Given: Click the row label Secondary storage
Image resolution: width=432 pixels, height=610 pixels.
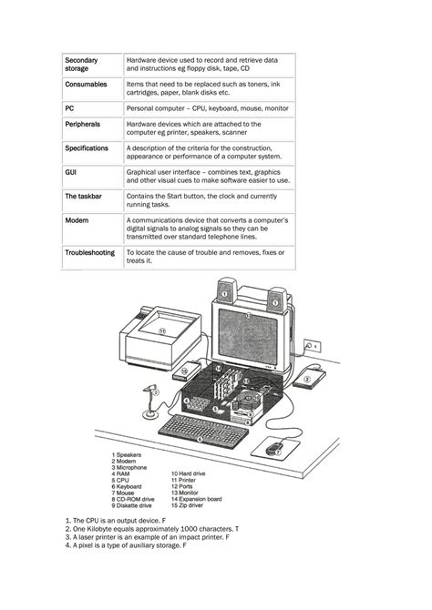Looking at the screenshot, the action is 81,65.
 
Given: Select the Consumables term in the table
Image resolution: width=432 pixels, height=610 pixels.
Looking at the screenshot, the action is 86,85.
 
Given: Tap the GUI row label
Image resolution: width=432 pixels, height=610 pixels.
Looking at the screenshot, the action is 70,172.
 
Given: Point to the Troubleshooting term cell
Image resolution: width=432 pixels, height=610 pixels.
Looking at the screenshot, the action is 89,252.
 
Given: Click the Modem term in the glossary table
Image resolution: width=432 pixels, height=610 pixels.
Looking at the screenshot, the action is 77,220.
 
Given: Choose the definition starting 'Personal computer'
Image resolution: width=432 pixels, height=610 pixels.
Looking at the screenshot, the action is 207,108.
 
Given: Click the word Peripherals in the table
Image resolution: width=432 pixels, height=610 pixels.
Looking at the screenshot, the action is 82,125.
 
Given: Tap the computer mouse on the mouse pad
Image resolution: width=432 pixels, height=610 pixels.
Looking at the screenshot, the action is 274,449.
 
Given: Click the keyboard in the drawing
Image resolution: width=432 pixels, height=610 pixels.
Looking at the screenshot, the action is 203,430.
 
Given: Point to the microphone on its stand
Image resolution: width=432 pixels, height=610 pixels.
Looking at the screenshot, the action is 150,402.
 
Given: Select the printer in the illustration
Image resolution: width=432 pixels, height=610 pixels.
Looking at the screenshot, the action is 160,337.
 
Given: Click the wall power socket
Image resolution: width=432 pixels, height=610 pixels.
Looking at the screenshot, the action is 313,345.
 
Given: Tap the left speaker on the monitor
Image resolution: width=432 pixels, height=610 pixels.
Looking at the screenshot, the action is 226,291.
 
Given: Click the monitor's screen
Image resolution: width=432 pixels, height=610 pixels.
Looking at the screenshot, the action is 248,337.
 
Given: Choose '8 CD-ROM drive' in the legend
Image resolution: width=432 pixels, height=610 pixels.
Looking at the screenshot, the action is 133,499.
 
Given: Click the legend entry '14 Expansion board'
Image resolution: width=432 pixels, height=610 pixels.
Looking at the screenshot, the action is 196,499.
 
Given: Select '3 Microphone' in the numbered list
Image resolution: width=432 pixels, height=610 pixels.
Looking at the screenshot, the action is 129,467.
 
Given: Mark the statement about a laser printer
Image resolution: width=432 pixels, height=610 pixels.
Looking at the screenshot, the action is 148,537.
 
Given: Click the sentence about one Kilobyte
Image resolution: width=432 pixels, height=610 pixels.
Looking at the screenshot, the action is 152,529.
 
